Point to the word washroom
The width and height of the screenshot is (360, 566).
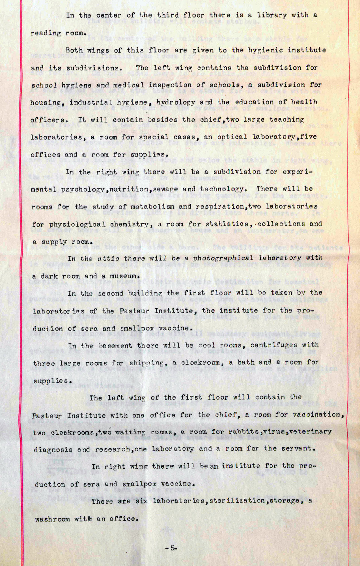(x=52, y=519)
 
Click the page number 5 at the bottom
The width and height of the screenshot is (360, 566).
(x=172, y=548)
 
